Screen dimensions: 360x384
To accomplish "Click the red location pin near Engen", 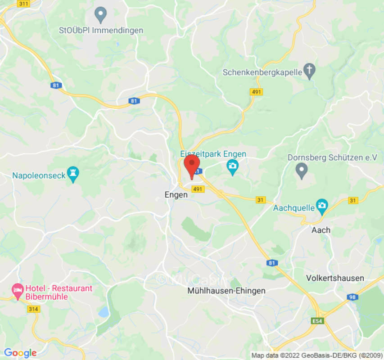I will point(192,165).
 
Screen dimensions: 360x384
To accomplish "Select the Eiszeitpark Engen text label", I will point(213,154).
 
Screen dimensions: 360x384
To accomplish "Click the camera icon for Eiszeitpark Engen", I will point(232,167).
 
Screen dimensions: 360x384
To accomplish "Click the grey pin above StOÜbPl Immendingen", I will point(101,14).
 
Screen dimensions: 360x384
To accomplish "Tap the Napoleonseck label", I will point(39,175).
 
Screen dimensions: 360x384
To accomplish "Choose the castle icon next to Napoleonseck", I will point(72,173).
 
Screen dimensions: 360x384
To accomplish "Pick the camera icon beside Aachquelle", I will point(321,207).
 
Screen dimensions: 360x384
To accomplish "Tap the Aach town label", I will point(321,230).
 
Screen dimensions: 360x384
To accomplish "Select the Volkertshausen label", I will point(335,278).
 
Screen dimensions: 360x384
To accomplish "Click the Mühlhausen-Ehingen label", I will point(226,291).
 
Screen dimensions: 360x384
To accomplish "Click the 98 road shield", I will point(352,297).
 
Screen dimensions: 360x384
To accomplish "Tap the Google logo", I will point(20,353).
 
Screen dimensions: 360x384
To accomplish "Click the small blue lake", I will point(104,312).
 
